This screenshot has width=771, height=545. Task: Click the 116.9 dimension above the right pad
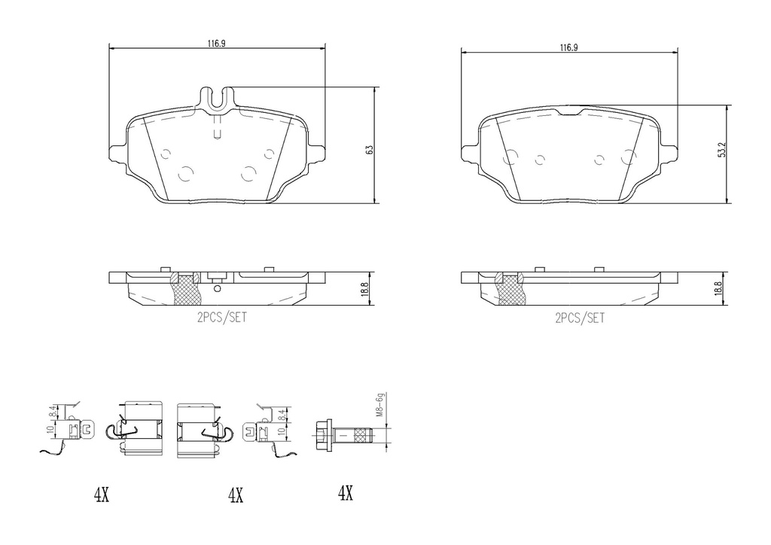tap(568, 47)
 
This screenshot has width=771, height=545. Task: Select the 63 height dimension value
tap(369, 150)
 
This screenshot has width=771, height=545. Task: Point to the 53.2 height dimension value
tap(721, 150)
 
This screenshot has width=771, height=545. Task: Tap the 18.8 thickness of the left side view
tap(364, 291)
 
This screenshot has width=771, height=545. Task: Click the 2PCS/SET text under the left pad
tap(222, 318)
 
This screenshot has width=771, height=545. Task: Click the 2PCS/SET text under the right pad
tap(580, 318)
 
